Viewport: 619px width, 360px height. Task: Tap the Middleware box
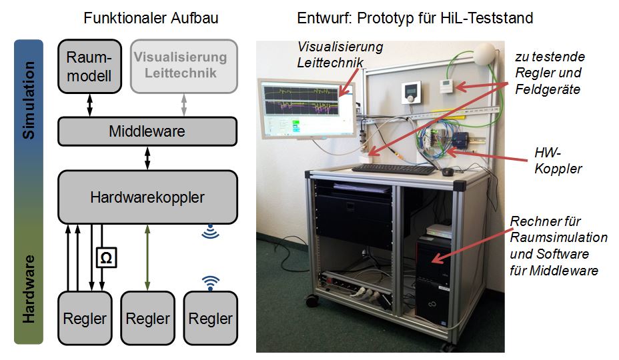(x=147, y=131)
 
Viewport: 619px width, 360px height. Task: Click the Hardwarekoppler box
(x=147, y=197)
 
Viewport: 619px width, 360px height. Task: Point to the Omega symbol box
(x=106, y=257)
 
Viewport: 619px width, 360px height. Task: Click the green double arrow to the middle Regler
(x=147, y=257)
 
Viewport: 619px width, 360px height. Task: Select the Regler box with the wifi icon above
(x=211, y=318)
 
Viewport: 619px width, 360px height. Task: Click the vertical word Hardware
(x=29, y=287)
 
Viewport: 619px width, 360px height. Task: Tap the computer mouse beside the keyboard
(x=448, y=172)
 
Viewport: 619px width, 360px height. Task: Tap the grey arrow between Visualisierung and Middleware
(x=185, y=104)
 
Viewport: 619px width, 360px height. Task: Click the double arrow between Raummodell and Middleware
(x=89, y=104)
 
